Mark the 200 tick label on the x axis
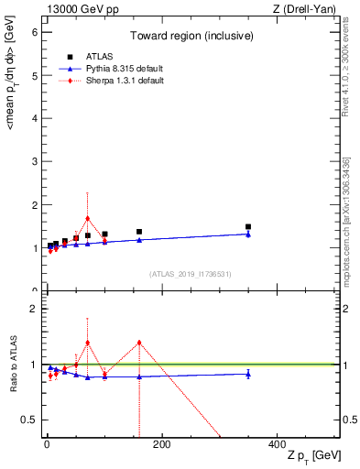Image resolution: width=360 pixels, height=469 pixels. pyautogui.click(x=161, y=445)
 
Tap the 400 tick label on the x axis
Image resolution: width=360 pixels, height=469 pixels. pyautogui.click(x=277, y=445)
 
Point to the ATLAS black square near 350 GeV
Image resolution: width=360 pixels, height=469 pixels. pyautogui.click(x=248, y=226)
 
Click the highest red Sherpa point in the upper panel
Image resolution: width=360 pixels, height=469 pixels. pyautogui.click(x=87, y=219)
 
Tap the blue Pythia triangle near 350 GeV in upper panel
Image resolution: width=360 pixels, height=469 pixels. pyautogui.click(x=248, y=234)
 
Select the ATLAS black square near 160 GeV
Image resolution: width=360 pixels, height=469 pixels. pyautogui.click(x=139, y=232)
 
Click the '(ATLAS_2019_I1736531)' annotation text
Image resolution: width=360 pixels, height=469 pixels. pyautogui.click(x=191, y=274)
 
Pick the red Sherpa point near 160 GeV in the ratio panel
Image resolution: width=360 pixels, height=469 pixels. pyautogui.click(x=139, y=343)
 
